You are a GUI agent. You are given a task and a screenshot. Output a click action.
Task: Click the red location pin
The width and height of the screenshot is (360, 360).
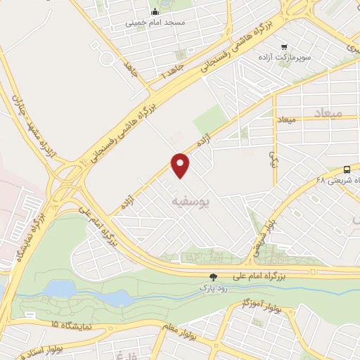pos(181,165)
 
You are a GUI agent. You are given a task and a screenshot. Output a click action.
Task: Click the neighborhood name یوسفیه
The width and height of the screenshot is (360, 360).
pos(191,201)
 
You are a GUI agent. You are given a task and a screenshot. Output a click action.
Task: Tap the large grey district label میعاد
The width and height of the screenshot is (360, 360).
pos(328,112)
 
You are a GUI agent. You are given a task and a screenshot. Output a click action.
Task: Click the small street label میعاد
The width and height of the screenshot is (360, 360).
pos(289,120)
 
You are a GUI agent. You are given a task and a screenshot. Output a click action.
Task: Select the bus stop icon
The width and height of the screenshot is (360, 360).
pos(347,169)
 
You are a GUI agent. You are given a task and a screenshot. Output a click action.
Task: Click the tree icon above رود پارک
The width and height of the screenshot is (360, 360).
pos(214,277)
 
